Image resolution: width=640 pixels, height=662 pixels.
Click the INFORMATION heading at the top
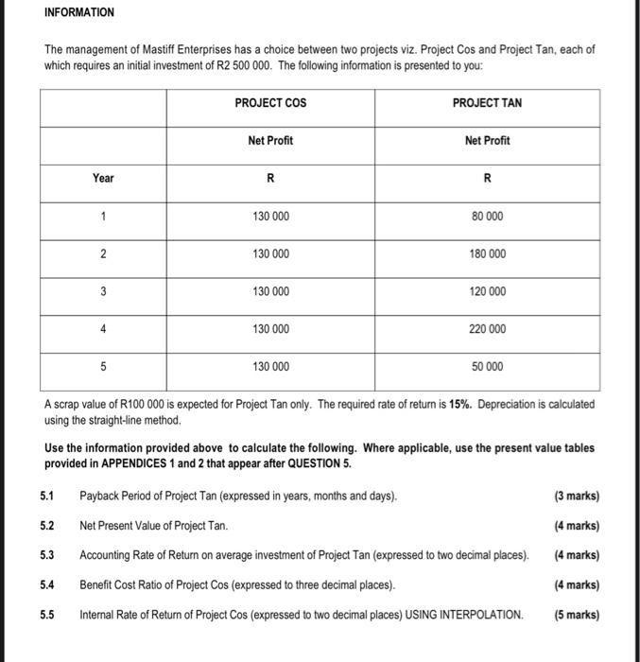point(78,12)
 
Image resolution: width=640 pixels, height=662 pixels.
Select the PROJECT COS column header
point(270,102)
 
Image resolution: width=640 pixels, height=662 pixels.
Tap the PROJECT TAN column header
point(487,102)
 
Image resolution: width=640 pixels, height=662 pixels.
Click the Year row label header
point(103,178)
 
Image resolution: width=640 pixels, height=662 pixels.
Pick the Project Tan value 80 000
point(487,217)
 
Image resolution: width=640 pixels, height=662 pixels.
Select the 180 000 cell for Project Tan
point(487,254)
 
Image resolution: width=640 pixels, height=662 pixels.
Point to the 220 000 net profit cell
point(487,329)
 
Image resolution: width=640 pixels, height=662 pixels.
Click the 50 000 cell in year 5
point(487,366)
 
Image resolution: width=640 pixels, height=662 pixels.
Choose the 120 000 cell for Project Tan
point(487,291)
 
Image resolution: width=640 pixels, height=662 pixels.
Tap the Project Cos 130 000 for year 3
point(270,291)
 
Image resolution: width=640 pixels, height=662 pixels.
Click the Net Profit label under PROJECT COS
point(270,140)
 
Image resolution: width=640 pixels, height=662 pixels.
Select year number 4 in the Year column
point(103,329)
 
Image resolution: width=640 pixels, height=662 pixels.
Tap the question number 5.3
point(47,555)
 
